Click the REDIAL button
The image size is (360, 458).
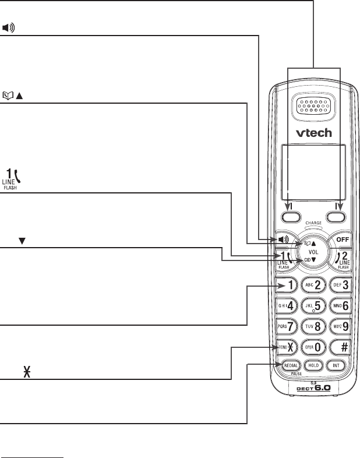pos(291,365)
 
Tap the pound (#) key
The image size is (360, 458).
pos(340,346)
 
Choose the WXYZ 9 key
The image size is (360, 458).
pos(340,325)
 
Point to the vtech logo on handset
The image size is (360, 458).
pos(313,132)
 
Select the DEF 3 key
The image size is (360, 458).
pos(340,285)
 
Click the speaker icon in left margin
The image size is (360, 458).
pos(9,27)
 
